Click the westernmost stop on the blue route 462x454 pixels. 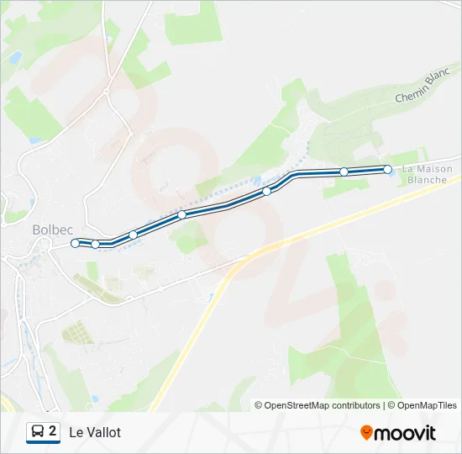[x=76, y=243]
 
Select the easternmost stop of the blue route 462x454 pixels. [x=387, y=169]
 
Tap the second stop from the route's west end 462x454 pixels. [x=96, y=245]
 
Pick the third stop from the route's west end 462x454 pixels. [x=133, y=235]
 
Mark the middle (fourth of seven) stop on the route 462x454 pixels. [x=181, y=214]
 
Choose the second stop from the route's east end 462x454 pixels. [x=344, y=172]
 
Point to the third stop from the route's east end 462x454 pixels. [x=267, y=192]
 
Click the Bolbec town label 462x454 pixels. [x=53, y=228]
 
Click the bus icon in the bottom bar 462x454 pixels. [x=38, y=432]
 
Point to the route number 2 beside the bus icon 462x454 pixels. [x=53, y=431]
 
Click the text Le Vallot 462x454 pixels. [x=95, y=432]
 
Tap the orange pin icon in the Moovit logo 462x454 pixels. [x=366, y=432]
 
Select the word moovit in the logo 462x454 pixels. [x=405, y=433]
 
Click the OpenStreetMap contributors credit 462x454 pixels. [x=318, y=405]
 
